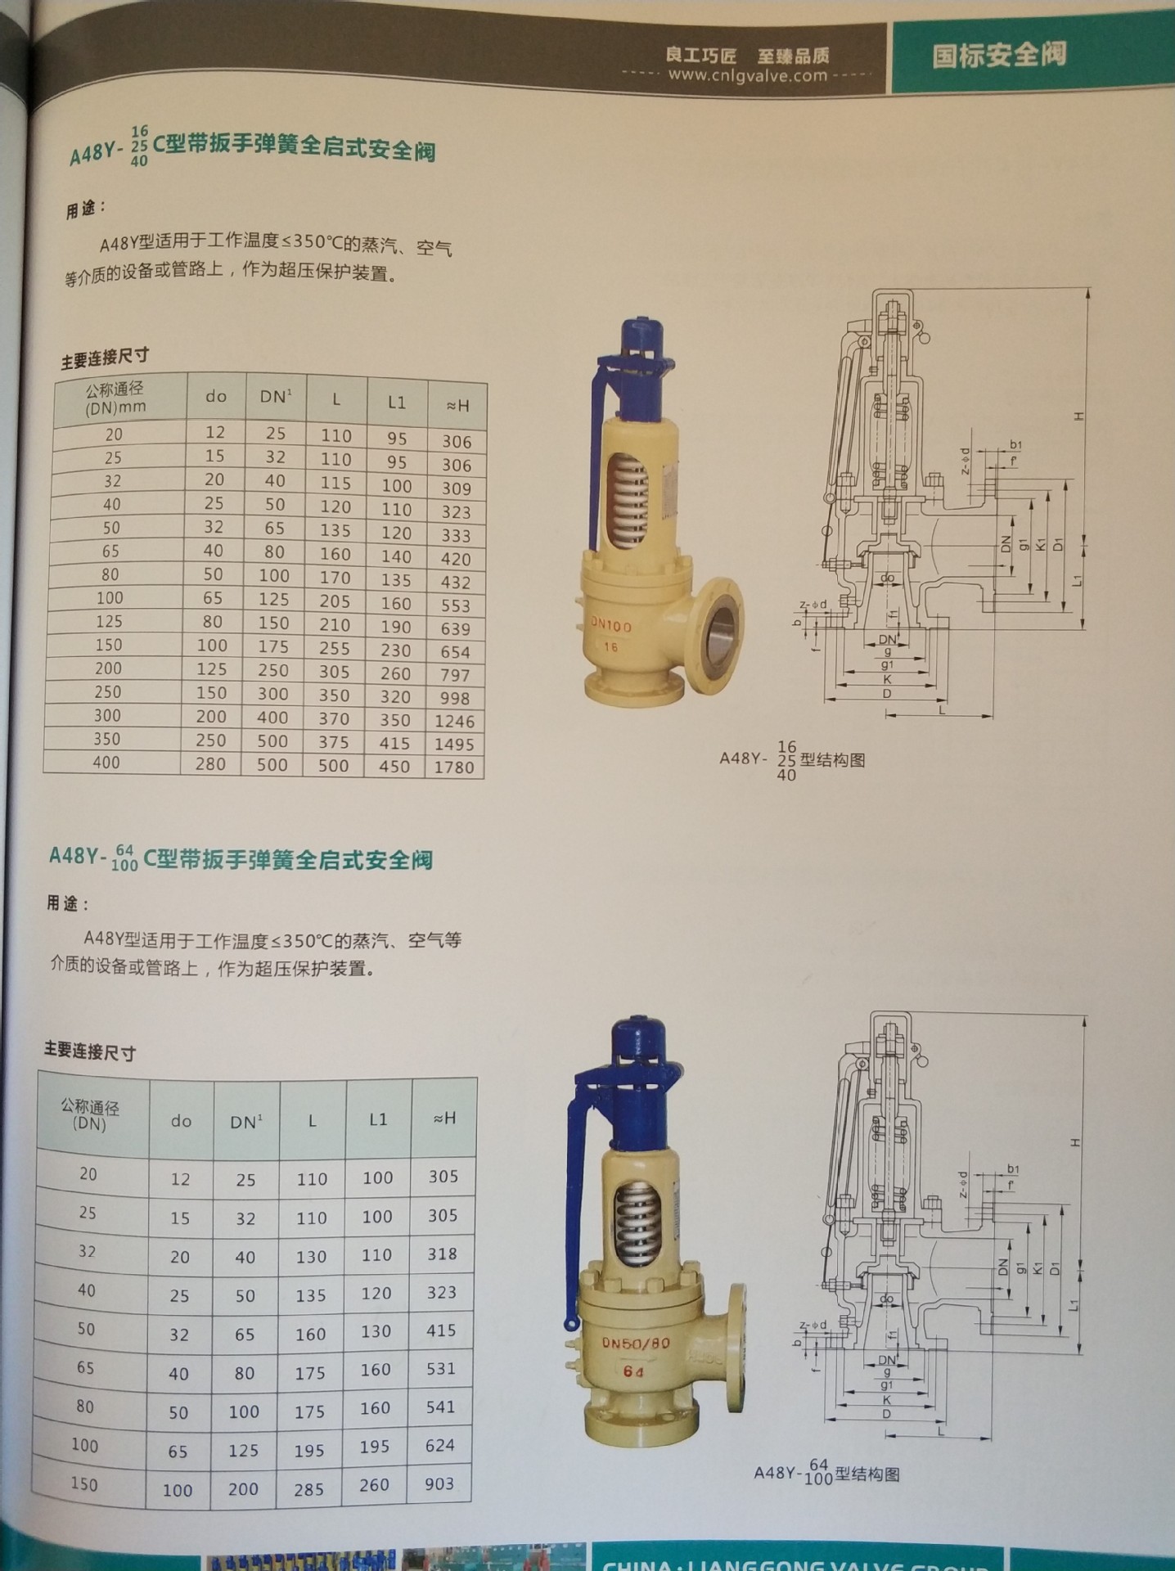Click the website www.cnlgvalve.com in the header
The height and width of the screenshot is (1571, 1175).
coord(747,75)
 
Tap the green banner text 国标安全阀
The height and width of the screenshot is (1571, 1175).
coord(999,56)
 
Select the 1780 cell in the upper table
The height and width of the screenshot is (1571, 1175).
coord(454,767)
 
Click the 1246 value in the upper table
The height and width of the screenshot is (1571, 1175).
coord(454,721)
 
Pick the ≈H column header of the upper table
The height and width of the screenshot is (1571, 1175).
coord(457,404)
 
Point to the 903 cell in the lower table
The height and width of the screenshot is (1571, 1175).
coord(439,1483)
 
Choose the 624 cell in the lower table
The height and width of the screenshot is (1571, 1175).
coord(440,1445)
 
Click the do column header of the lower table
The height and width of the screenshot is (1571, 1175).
coord(181,1120)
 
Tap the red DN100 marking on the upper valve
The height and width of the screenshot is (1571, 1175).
coord(611,626)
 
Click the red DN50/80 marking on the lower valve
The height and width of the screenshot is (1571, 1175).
coord(636,1343)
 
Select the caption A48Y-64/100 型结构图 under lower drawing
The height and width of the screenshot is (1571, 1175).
coord(826,1472)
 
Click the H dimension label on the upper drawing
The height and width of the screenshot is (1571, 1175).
coord(1079,416)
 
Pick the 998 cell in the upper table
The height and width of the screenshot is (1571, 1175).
coord(455,698)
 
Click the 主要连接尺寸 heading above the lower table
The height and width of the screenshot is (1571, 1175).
coord(90,1051)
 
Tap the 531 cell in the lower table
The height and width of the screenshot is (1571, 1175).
coord(440,1368)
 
